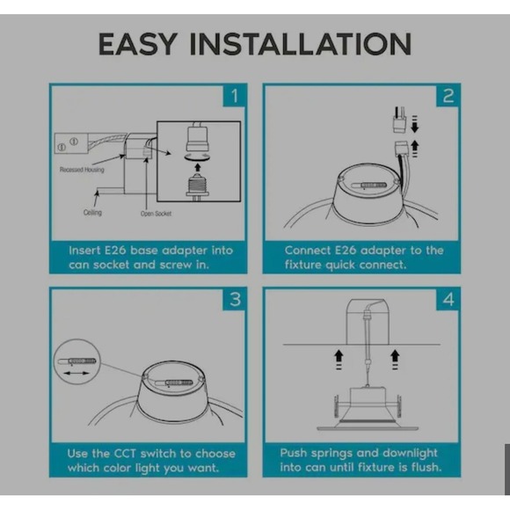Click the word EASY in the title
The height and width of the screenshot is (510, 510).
[138, 44]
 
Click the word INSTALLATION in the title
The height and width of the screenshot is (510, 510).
[301, 44]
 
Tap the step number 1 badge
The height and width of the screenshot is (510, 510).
[234, 96]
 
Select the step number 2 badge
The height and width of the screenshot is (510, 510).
[448, 96]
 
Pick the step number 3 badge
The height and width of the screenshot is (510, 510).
[234, 299]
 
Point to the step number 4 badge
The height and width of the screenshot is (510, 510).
[448, 299]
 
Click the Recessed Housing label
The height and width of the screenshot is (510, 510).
[82, 170]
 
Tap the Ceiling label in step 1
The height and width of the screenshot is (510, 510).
[92, 213]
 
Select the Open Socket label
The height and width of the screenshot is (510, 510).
[156, 214]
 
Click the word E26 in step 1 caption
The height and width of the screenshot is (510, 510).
[115, 251]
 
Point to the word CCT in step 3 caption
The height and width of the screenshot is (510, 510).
[125, 454]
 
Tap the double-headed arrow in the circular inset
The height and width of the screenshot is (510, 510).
[76, 373]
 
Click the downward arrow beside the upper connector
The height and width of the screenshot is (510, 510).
[415, 124]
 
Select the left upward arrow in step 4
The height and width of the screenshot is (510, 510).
[339, 360]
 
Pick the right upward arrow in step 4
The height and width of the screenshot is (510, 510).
[395, 360]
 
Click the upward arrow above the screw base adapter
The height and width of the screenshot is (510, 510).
[198, 167]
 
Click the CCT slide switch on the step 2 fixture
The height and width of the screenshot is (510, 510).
[369, 186]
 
